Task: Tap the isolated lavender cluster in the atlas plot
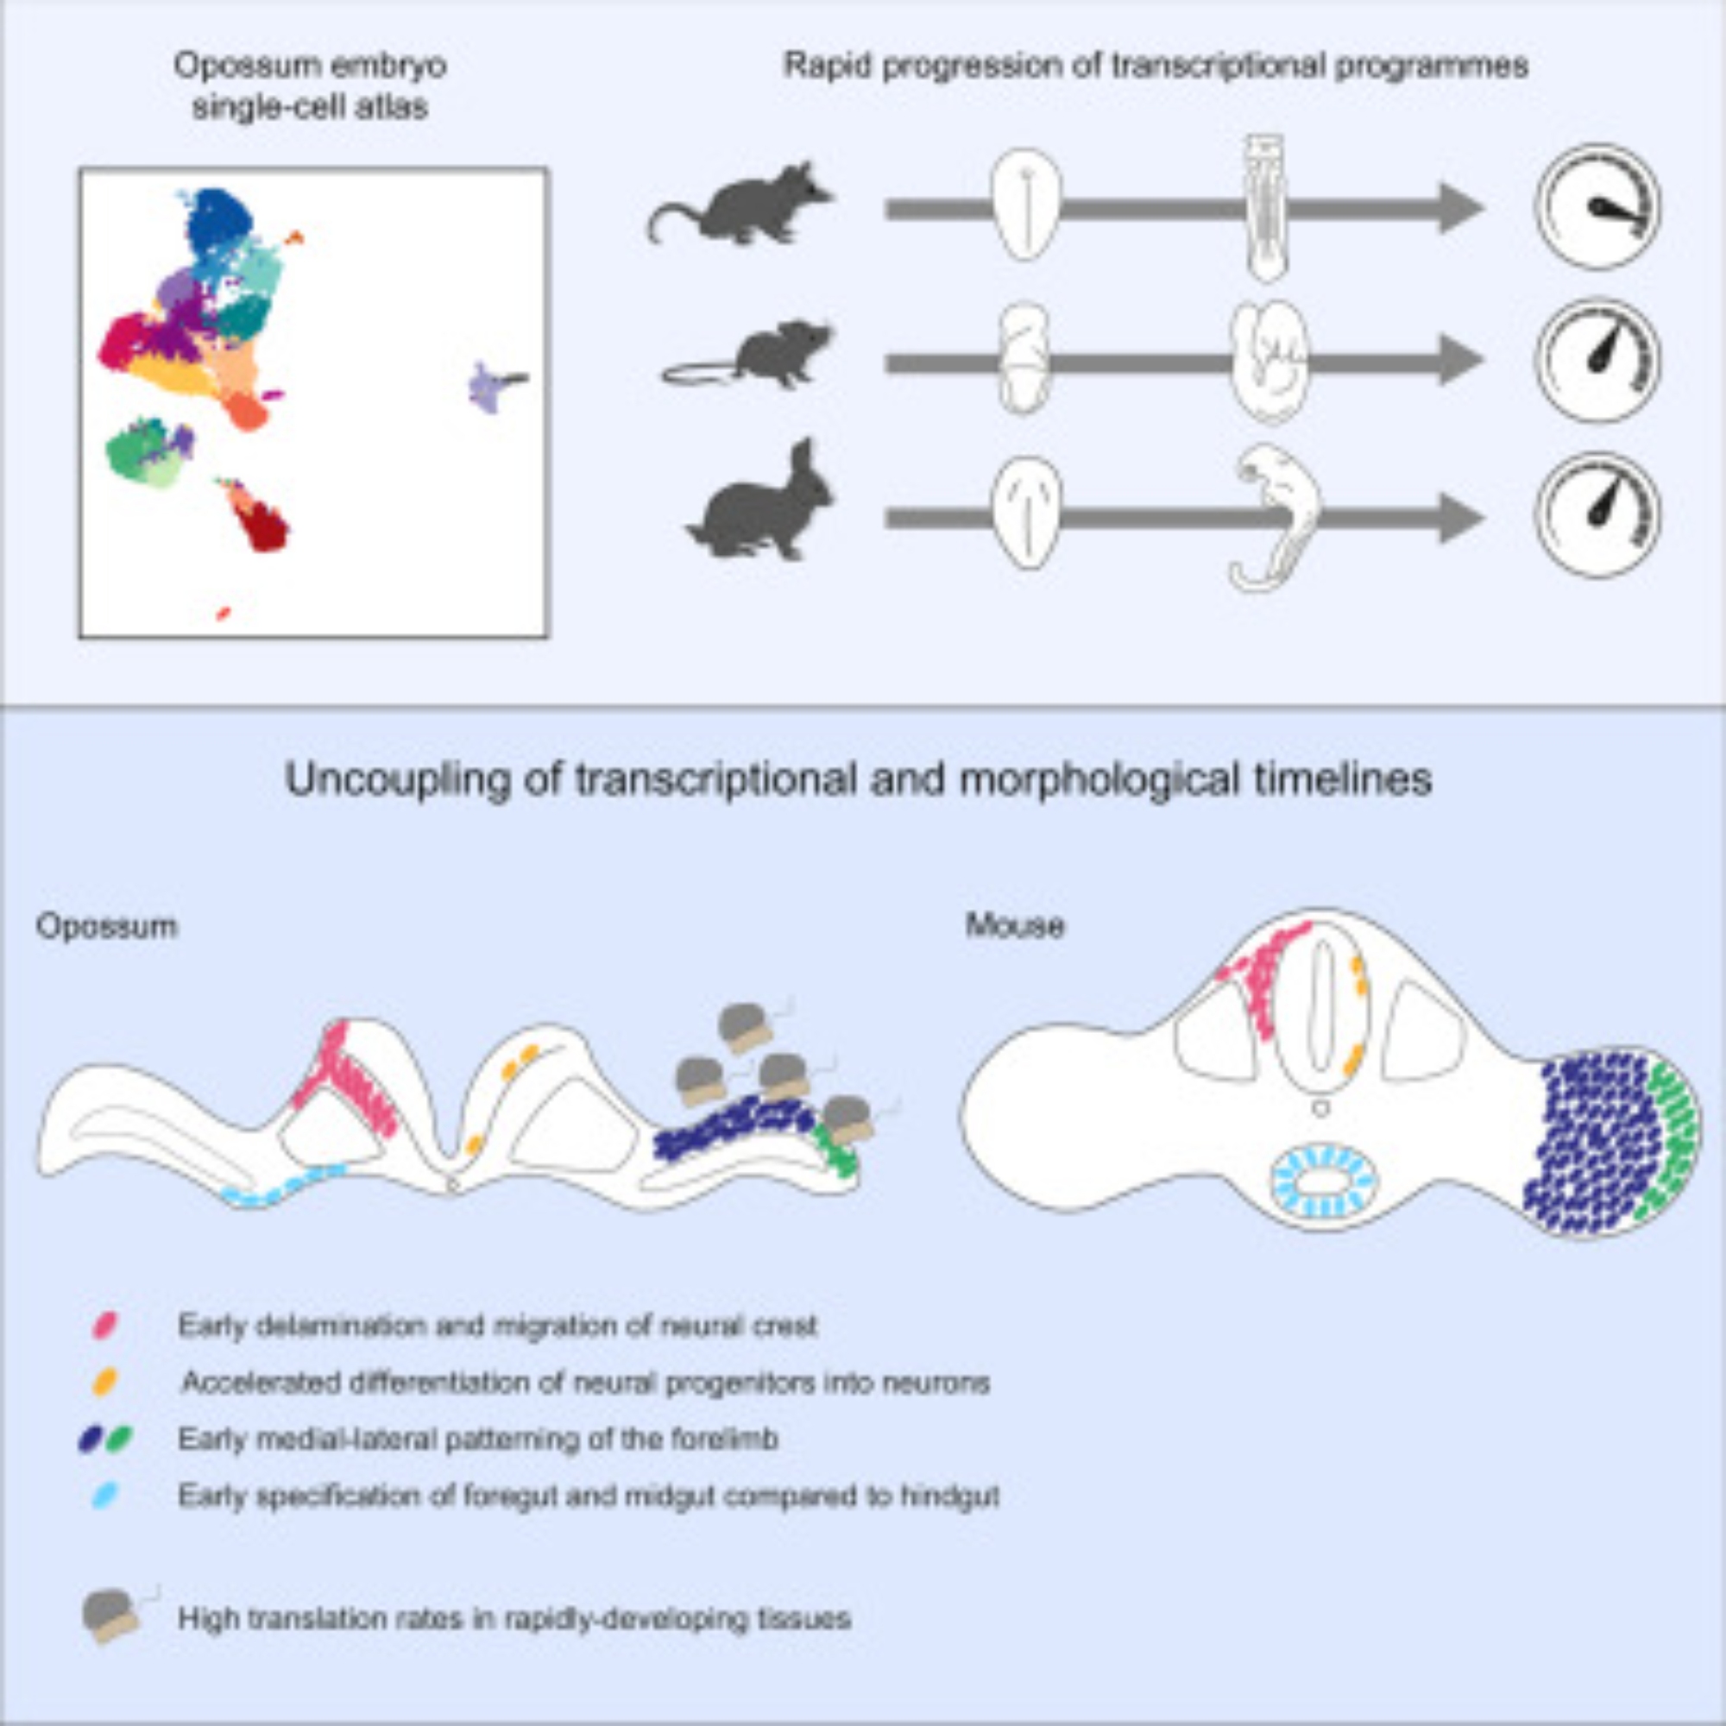488,387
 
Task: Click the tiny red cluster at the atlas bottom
224,613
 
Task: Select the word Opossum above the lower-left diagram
106,926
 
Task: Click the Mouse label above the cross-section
1015,925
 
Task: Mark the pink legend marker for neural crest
105,1325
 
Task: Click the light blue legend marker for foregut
105,1496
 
